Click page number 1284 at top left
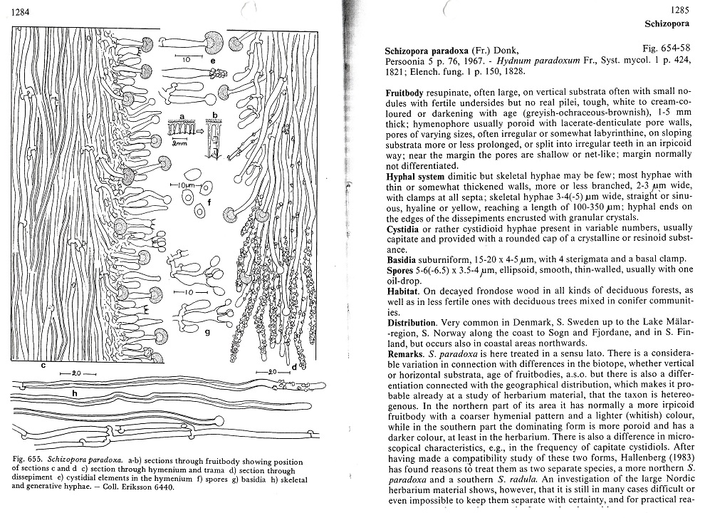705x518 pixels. point(22,9)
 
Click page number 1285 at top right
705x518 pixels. point(682,9)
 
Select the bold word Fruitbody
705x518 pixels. point(407,93)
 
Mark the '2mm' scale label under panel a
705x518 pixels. point(174,143)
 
